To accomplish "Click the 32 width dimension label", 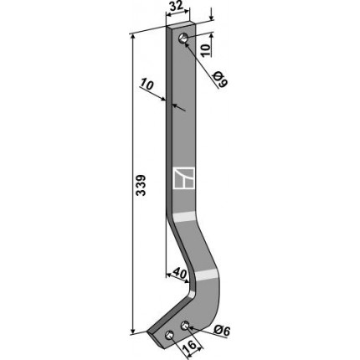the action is (x=177, y=7).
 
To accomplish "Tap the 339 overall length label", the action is (x=141, y=186).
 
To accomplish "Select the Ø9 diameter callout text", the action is (x=221, y=79).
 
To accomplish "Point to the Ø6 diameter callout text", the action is (x=222, y=331).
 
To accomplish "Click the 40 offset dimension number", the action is (x=178, y=274).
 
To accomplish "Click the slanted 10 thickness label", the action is (x=147, y=84).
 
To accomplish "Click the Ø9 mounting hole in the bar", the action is (x=183, y=38).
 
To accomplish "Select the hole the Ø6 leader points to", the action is (x=185, y=325).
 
